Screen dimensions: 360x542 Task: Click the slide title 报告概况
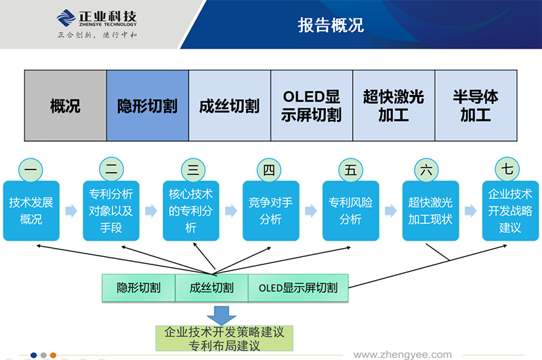(331, 25)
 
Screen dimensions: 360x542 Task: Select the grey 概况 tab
(65, 106)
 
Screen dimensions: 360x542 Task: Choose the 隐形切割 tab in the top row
(147, 106)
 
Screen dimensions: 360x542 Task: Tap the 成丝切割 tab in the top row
(229, 106)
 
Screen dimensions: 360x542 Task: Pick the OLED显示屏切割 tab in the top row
(311, 106)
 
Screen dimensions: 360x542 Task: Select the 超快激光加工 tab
(393, 106)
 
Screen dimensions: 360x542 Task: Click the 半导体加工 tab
(475, 106)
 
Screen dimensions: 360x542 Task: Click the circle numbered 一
(30, 170)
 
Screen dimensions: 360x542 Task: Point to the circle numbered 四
(269, 170)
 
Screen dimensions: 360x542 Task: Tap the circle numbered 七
(508, 170)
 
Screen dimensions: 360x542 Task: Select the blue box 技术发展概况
(31, 211)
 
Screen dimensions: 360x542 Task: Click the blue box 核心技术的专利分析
(190, 211)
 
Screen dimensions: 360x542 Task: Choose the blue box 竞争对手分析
(270, 211)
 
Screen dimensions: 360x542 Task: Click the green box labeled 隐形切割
(138, 287)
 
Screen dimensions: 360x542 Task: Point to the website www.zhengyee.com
(402, 354)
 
